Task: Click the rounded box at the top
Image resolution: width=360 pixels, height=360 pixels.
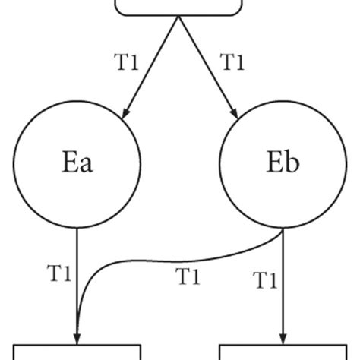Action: [179, 6]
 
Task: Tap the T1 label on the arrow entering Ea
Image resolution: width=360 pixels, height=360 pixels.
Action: [127, 62]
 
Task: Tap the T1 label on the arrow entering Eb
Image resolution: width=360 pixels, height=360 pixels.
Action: [232, 62]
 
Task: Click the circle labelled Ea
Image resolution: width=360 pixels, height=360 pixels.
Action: [77, 164]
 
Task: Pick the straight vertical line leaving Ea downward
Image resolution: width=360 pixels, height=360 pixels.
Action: [77, 273]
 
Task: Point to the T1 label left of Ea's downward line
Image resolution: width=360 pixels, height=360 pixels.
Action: [59, 273]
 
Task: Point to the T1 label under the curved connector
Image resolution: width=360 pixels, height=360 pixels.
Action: [188, 278]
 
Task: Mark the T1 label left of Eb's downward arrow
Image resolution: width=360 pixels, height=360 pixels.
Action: [264, 281]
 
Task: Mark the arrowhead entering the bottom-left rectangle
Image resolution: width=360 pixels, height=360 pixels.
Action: [77, 338]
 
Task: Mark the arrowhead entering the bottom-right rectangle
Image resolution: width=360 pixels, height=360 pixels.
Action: [283, 338]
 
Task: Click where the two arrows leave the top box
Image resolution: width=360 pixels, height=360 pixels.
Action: [179, 17]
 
